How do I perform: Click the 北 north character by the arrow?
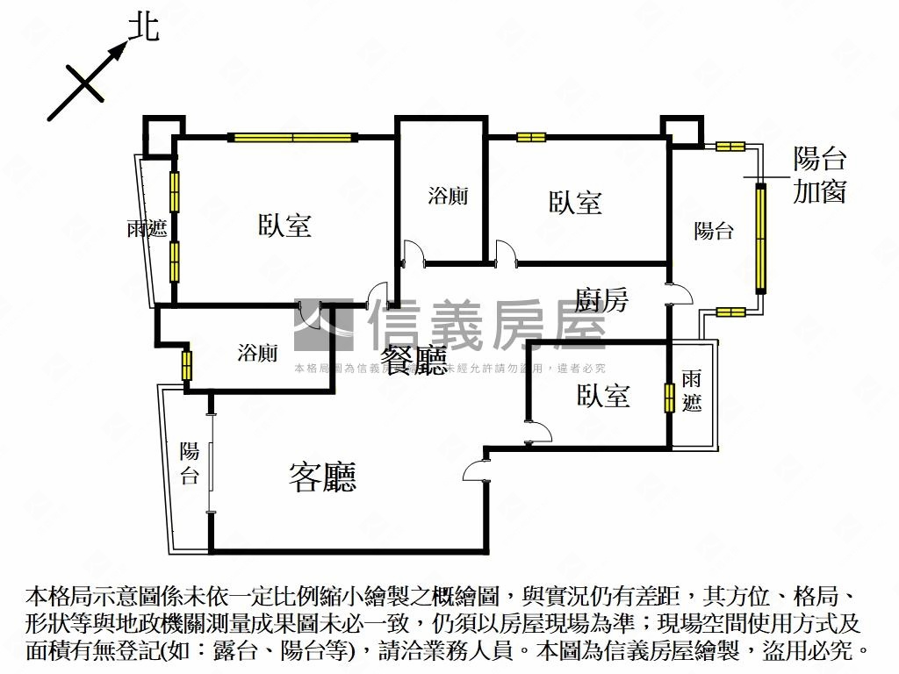(x=144, y=27)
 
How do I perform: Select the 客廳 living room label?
(x=322, y=477)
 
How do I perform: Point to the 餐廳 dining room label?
(x=414, y=361)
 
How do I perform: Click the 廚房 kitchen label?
(x=602, y=300)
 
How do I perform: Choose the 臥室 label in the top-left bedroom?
(x=284, y=226)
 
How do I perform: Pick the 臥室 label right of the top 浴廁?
(x=576, y=204)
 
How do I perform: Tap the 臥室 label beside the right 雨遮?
(x=604, y=396)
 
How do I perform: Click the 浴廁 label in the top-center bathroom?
(x=448, y=196)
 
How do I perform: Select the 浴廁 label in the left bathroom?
(x=258, y=354)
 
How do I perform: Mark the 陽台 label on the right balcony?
(x=714, y=231)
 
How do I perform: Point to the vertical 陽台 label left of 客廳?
(x=190, y=464)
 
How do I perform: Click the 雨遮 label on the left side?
(x=147, y=230)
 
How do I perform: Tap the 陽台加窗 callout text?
(x=819, y=176)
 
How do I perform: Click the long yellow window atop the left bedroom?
(x=292, y=137)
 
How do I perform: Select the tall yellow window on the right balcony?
(x=760, y=239)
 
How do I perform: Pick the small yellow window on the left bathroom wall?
(x=186, y=365)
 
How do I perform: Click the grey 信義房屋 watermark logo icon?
(x=323, y=326)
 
